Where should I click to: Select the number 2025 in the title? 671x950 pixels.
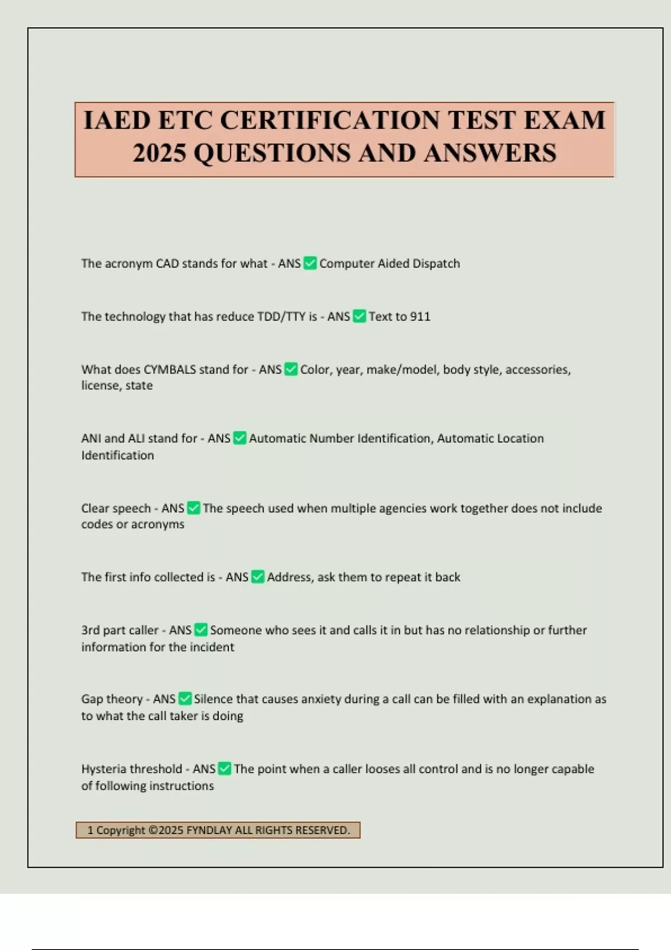tap(159, 153)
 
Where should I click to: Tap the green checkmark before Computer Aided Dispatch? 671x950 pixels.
tap(310, 263)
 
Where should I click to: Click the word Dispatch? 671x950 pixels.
tap(436, 264)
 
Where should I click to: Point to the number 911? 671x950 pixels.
tap(420, 317)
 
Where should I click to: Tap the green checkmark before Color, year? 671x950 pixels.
tap(291, 369)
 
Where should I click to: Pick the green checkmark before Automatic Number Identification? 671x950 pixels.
tap(239, 439)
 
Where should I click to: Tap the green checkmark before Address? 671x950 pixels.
tap(258, 577)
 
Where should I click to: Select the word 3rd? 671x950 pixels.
tap(90, 630)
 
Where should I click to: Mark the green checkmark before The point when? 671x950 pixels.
tap(224, 769)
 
